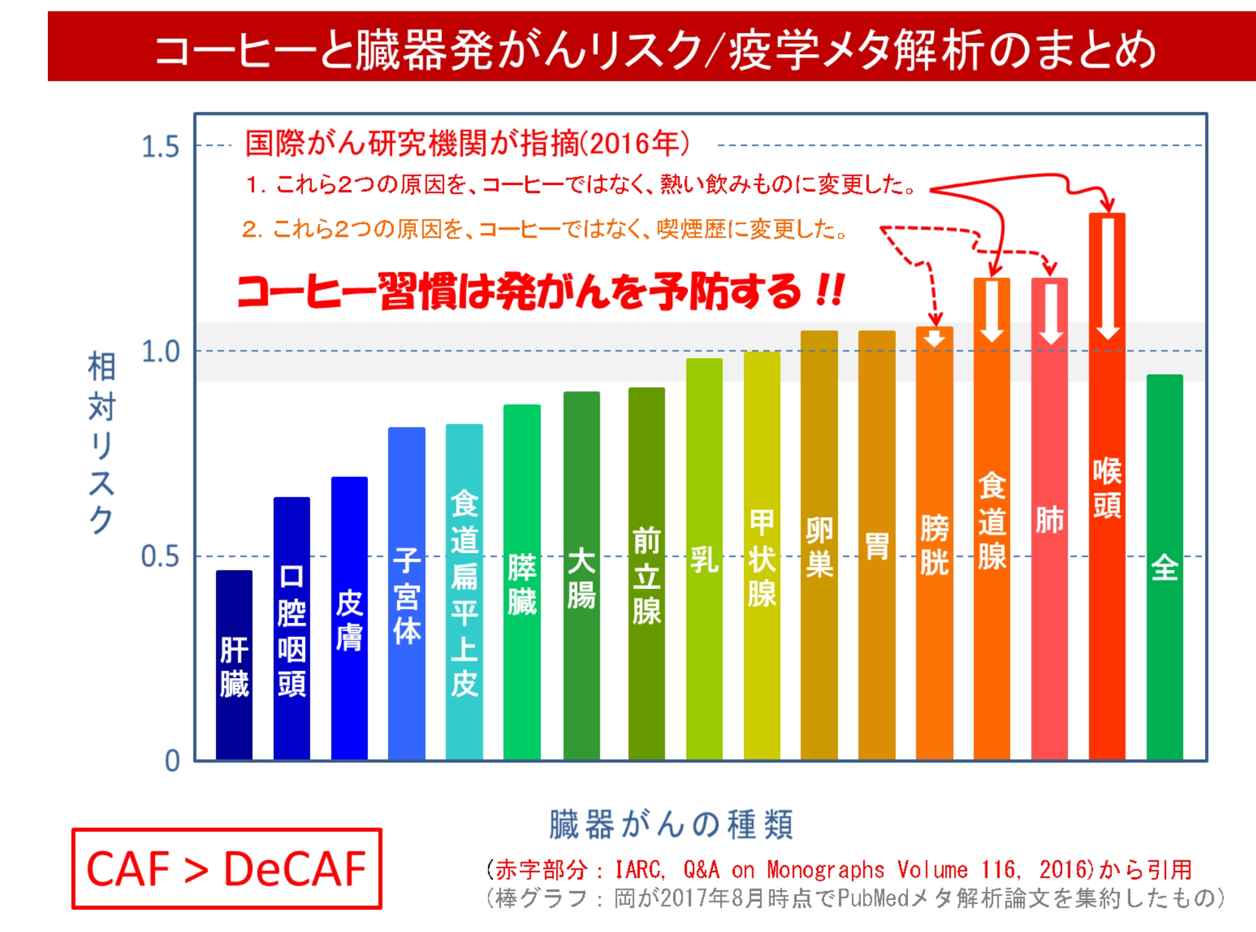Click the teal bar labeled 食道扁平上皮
(464, 592)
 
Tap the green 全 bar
(1164, 566)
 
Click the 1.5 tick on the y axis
(160, 147)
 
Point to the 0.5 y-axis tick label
(160, 557)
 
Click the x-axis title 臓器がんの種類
(671, 824)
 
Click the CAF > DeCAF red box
(227, 869)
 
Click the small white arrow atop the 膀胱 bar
(934, 338)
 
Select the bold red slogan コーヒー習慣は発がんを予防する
(541, 291)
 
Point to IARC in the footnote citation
(638, 870)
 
